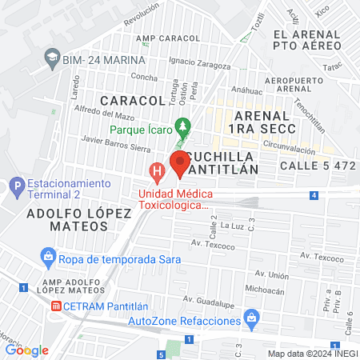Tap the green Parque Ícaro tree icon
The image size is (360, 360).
tap(184, 126)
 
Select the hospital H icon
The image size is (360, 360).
tap(158, 170)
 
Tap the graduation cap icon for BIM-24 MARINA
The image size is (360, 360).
tap(53, 58)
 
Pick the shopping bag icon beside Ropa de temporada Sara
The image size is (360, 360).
tap(48, 257)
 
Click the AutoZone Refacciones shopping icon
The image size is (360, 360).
tap(252, 318)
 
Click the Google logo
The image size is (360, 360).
tap(26, 350)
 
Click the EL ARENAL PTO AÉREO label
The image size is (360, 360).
tap(307, 41)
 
